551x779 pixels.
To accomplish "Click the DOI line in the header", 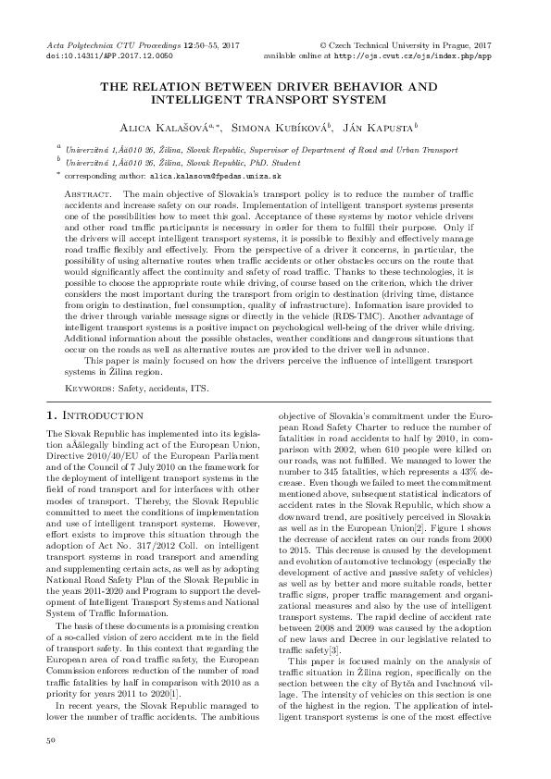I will click(x=94, y=56).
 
